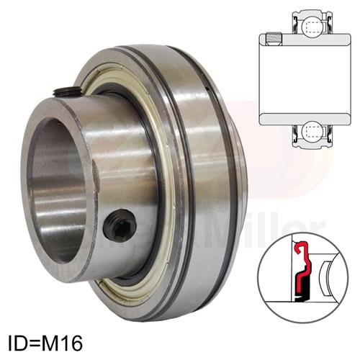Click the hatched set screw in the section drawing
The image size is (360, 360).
click(273, 39)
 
